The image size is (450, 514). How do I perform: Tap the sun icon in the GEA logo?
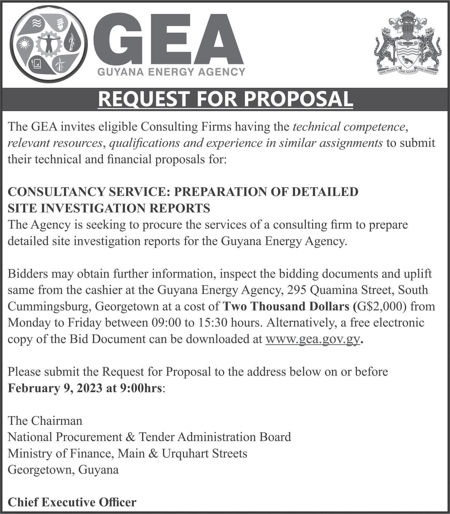(24, 44)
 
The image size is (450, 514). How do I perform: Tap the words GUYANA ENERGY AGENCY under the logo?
(171, 72)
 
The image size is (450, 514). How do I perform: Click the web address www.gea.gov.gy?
(313, 339)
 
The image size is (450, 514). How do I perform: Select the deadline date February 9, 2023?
(54, 388)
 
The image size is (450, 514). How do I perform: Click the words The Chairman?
(45, 421)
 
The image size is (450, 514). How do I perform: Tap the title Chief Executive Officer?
(72, 502)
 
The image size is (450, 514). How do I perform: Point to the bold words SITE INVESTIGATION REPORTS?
(109, 208)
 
